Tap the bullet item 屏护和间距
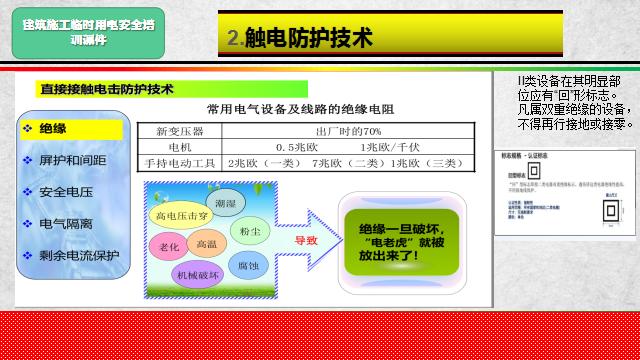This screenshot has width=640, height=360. [x=72, y=160]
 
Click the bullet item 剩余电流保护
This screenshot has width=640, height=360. [x=78, y=255]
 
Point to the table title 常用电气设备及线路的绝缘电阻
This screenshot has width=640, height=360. [x=300, y=108]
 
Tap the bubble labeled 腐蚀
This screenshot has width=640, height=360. [x=249, y=265]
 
